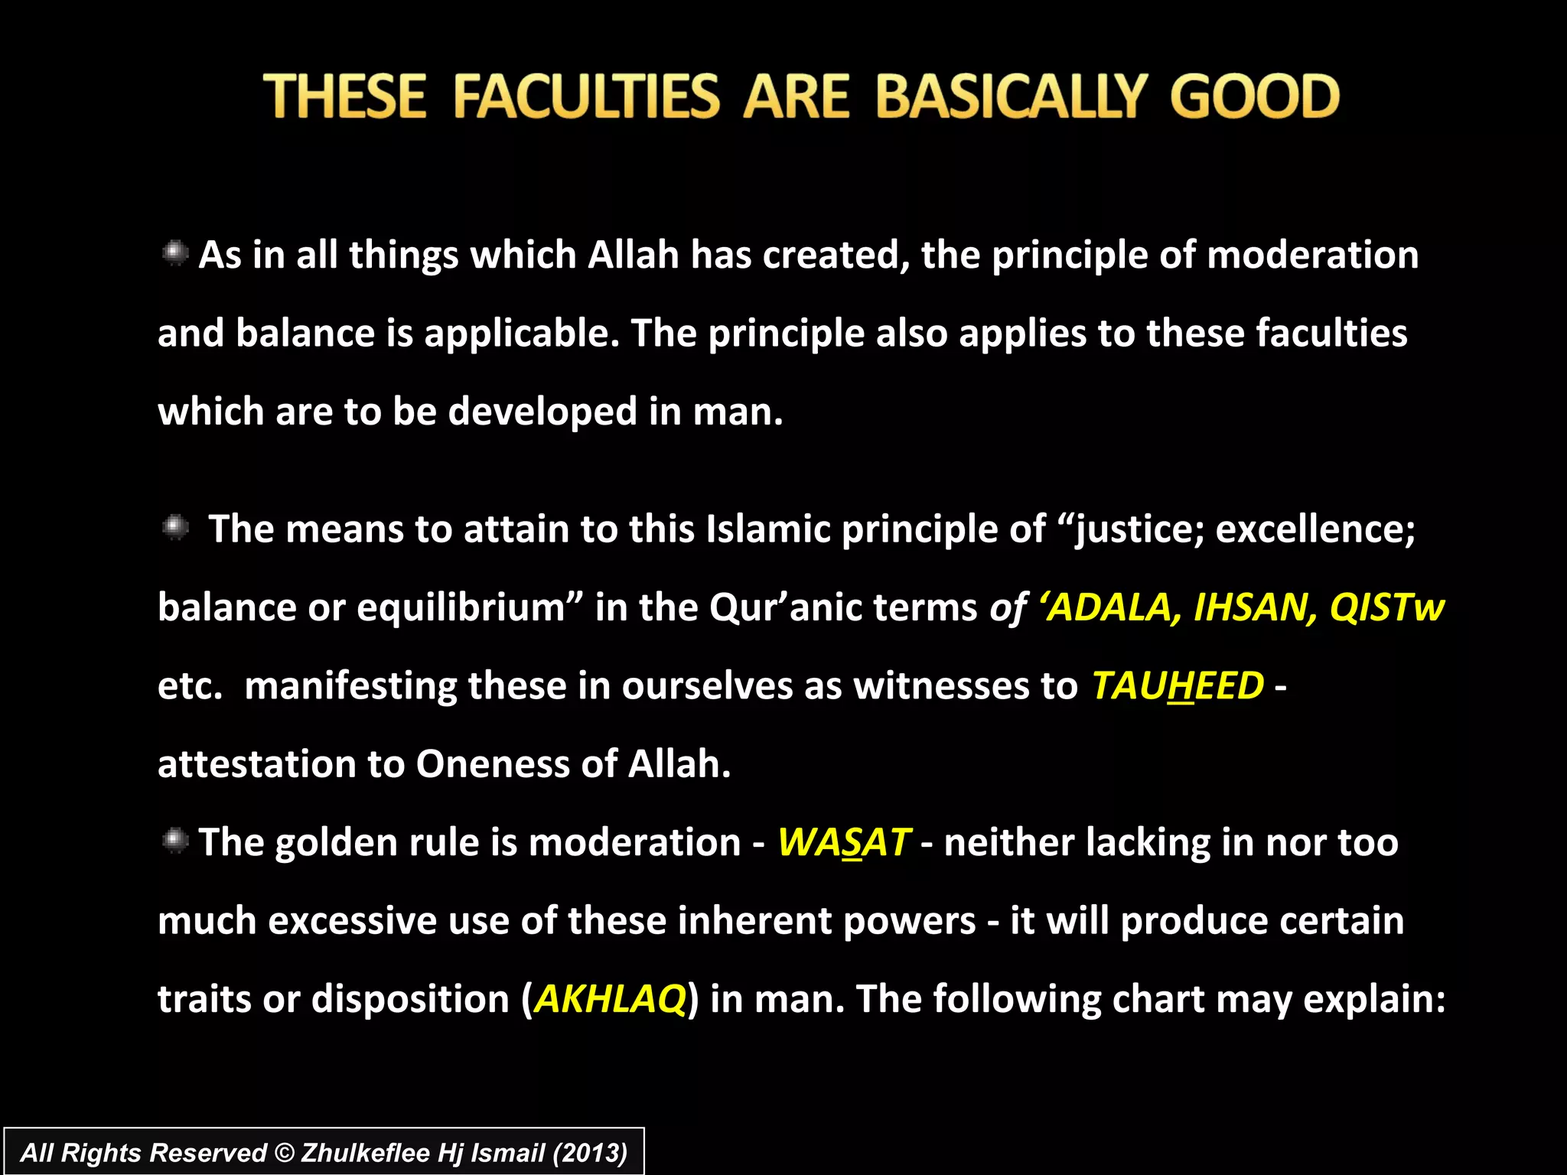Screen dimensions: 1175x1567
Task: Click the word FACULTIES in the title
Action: [586, 97]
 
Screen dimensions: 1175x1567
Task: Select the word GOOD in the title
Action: [1254, 97]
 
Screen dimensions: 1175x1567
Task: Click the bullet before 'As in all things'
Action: [175, 253]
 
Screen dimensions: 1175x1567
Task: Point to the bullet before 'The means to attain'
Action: [175, 528]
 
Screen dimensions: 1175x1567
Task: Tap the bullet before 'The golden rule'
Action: [175, 841]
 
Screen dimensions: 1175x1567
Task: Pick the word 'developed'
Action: [542, 412]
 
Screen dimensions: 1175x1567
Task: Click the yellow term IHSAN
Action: [1255, 607]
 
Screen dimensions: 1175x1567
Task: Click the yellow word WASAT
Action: [844, 843]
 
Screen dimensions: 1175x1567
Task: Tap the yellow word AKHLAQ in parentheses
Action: [610, 999]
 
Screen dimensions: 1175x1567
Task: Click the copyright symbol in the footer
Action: [284, 1153]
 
